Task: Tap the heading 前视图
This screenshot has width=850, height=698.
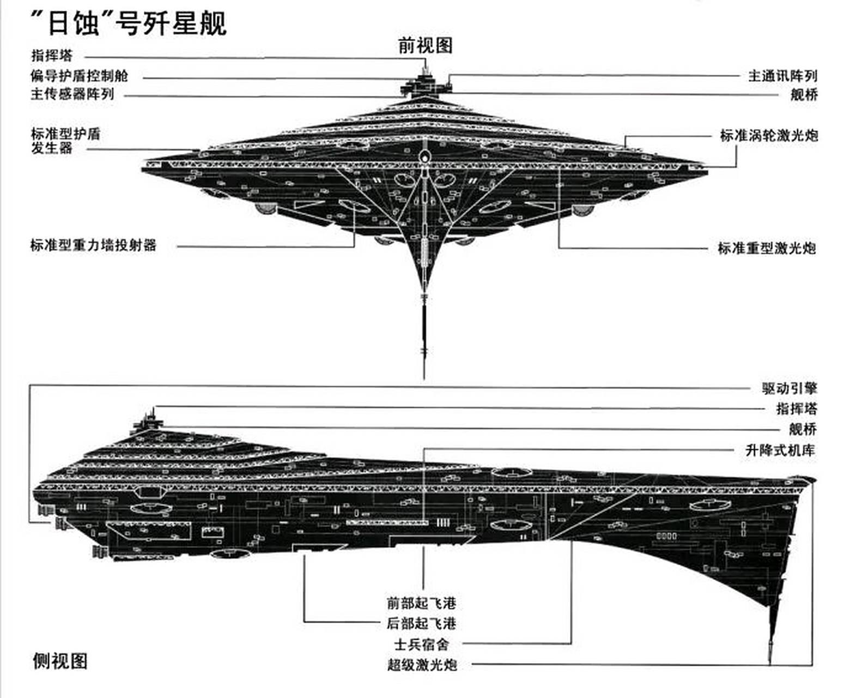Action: click(x=425, y=46)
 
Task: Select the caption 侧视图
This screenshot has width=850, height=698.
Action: click(x=60, y=661)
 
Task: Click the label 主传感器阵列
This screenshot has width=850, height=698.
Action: click(x=72, y=94)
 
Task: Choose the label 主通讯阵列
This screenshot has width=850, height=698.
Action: click(x=782, y=76)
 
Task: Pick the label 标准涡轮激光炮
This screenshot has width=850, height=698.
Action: click(x=769, y=135)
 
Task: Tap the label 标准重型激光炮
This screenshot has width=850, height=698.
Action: click(x=767, y=248)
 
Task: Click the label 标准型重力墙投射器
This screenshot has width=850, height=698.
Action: click(x=93, y=245)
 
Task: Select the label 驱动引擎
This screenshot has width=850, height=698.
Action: click(x=790, y=388)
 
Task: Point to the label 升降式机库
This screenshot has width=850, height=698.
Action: click(x=780, y=450)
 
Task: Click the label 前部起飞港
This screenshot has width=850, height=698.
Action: click(x=421, y=603)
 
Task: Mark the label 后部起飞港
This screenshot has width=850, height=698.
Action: click(x=421, y=623)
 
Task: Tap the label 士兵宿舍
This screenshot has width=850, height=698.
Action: click(x=421, y=644)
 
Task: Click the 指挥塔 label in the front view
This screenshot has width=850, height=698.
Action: click(x=52, y=55)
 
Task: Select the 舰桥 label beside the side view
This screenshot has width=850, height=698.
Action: click(x=803, y=429)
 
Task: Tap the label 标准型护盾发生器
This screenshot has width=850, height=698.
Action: click(x=65, y=141)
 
